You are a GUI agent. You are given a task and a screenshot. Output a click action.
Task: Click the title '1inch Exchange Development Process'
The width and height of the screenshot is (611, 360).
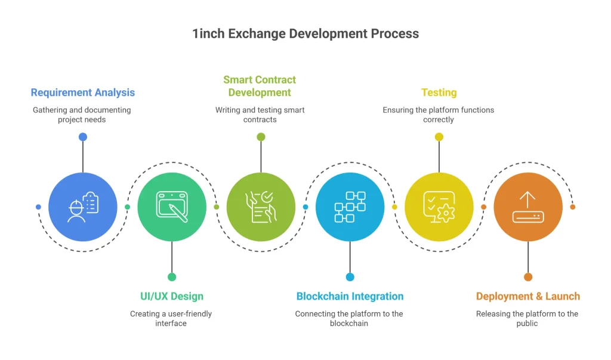pos(305,33)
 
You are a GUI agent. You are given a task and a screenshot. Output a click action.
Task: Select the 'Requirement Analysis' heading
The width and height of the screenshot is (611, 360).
pos(83,93)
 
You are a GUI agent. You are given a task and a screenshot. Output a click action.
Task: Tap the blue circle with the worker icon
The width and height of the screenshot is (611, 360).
pos(83,207)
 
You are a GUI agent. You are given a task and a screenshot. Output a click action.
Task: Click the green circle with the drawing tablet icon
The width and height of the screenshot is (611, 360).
pos(172,207)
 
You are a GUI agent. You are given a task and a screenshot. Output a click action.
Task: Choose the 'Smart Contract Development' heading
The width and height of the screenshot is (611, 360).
pos(260,86)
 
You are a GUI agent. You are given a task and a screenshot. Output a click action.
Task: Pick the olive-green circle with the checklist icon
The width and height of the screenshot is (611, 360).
pos(261,207)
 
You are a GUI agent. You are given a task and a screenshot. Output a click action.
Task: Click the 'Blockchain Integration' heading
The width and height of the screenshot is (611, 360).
pos(350,296)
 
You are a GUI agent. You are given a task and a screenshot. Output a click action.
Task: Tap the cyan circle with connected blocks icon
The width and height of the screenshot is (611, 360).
pos(350,207)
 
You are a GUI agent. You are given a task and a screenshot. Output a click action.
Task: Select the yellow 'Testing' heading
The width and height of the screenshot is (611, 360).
pos(439,93)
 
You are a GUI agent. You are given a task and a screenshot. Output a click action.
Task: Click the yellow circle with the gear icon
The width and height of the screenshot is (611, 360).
pos(439,207)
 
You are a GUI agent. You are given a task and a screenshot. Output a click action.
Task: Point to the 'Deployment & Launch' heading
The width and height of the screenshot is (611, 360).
pos(528,296)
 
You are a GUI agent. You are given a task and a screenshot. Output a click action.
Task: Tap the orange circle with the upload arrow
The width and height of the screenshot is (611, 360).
pos(528,207)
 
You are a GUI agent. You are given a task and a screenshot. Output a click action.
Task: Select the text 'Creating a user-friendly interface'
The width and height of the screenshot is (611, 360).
pos(171,318)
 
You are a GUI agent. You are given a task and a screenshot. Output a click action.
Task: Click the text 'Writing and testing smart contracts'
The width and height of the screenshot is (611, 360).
pos(260,115)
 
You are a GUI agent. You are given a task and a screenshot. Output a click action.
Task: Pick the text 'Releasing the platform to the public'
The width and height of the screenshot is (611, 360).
pos(527,318)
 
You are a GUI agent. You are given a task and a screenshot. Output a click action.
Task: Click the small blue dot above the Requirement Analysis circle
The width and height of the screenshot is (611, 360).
pos(83,137)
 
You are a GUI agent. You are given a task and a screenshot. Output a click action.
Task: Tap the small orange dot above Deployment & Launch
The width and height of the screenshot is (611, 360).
pos(528,277)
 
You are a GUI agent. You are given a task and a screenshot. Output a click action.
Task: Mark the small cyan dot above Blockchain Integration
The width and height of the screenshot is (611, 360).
pos(350,277)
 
